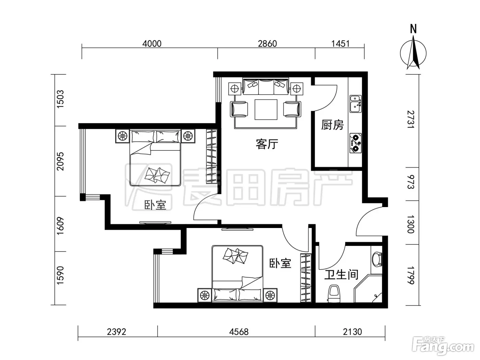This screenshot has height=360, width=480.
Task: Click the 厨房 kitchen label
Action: tap(332, 125)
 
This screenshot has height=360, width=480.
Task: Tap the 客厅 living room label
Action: tap(267, 144)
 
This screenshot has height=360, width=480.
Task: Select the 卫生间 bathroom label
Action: tap(341, 275)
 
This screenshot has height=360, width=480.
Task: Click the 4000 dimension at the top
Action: tap(152, 44)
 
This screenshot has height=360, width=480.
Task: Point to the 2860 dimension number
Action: tap(267, 44)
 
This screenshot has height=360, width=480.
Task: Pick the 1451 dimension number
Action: tap(340, 44)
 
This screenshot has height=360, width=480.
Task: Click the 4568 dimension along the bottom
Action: tap(239, 332)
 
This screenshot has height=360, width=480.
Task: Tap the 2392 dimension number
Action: tap(117, 332)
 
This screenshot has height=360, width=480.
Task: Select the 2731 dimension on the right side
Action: tap(411, 119)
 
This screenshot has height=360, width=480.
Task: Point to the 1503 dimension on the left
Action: tap(60, 99)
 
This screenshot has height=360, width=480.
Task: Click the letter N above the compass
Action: tap(413, 29)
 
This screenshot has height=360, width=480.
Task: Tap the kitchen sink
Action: tap(355, 104)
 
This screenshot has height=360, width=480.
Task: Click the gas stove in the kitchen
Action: tap(355, 143)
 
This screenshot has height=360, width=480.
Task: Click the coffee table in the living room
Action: tap(266, 110)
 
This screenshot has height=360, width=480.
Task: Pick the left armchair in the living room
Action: tap(239, 109)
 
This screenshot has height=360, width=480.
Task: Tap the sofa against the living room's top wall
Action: tap(266, 86)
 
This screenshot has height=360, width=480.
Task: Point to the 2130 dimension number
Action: tap(352, 332)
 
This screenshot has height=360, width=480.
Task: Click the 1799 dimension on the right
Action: tap(411, 275)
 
